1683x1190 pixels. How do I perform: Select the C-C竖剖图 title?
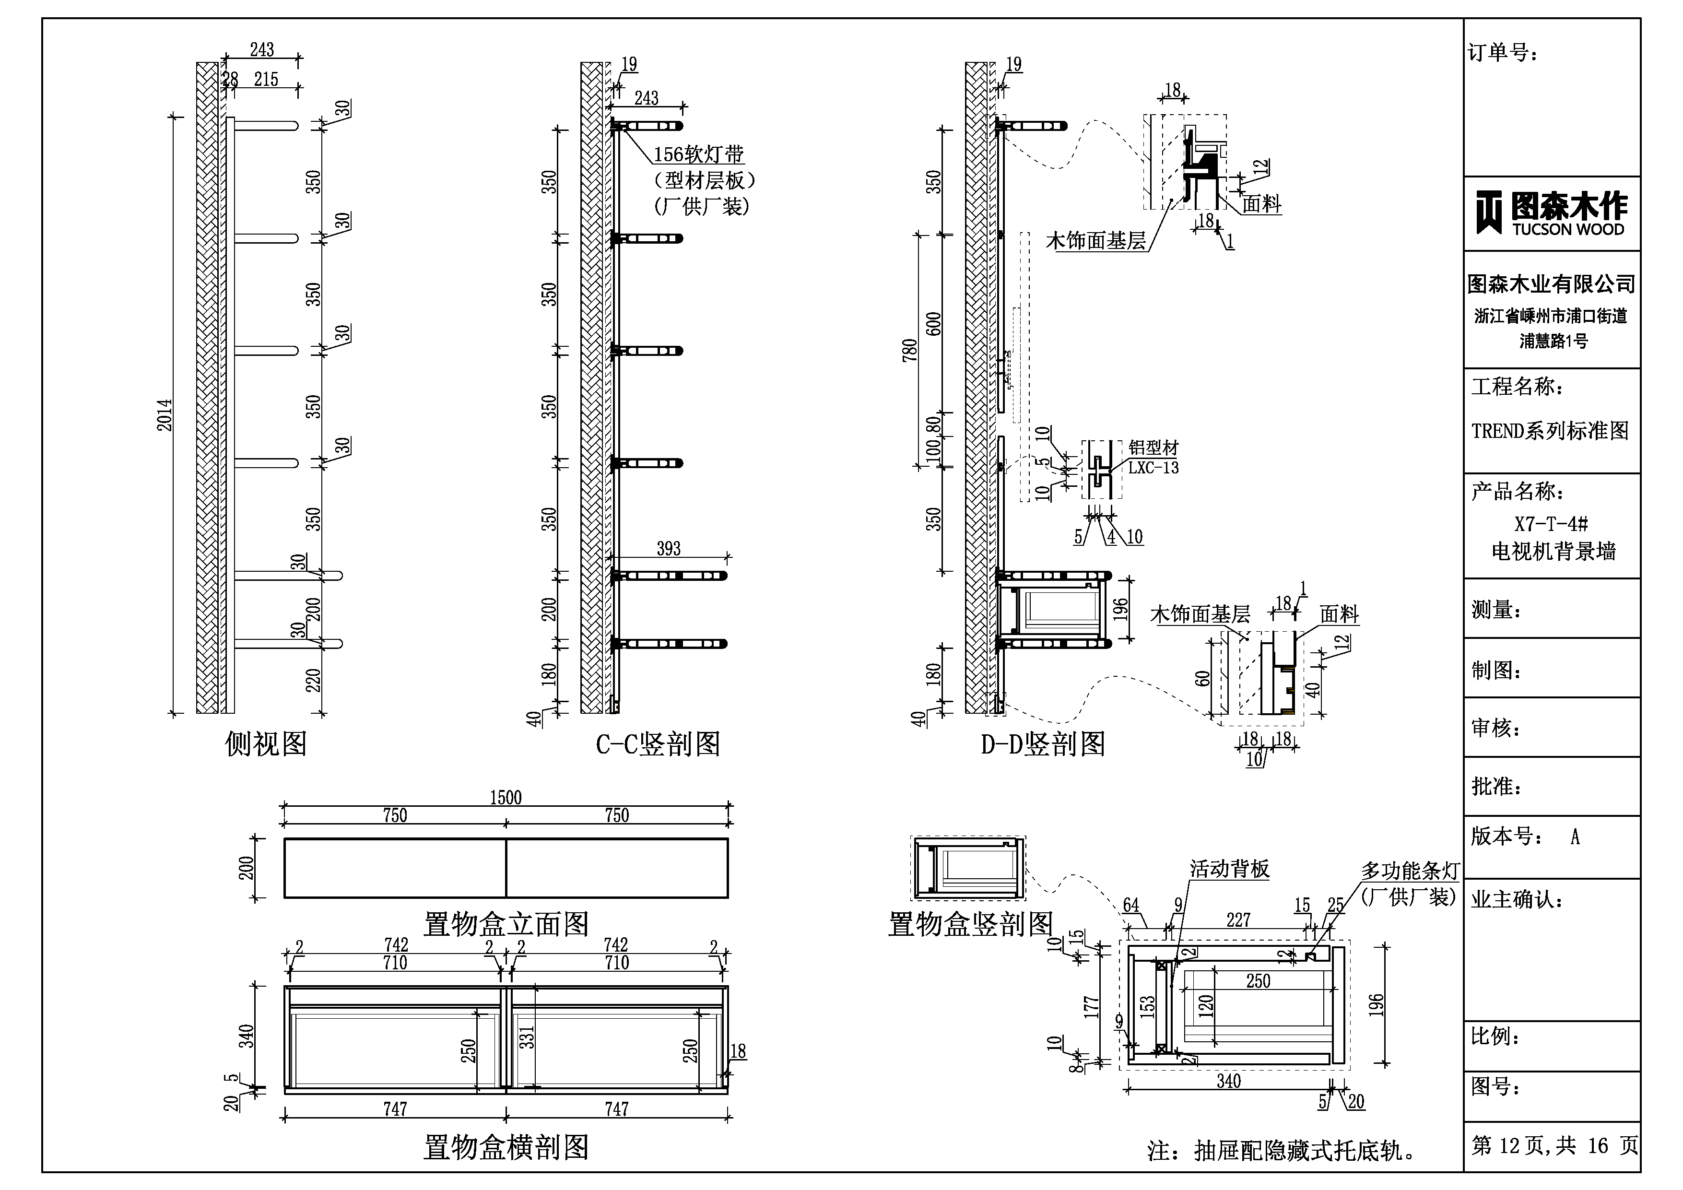658,744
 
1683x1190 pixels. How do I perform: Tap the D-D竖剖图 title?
1042,744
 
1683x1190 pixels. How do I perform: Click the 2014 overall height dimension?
165,414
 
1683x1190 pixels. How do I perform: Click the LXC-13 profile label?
1153,468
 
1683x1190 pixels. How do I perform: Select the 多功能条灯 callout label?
1410,871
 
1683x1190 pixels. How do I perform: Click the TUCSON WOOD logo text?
1568,229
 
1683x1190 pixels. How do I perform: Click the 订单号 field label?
1503,53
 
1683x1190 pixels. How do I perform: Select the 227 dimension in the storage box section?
1238,920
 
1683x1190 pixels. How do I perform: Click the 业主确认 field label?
1517,900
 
